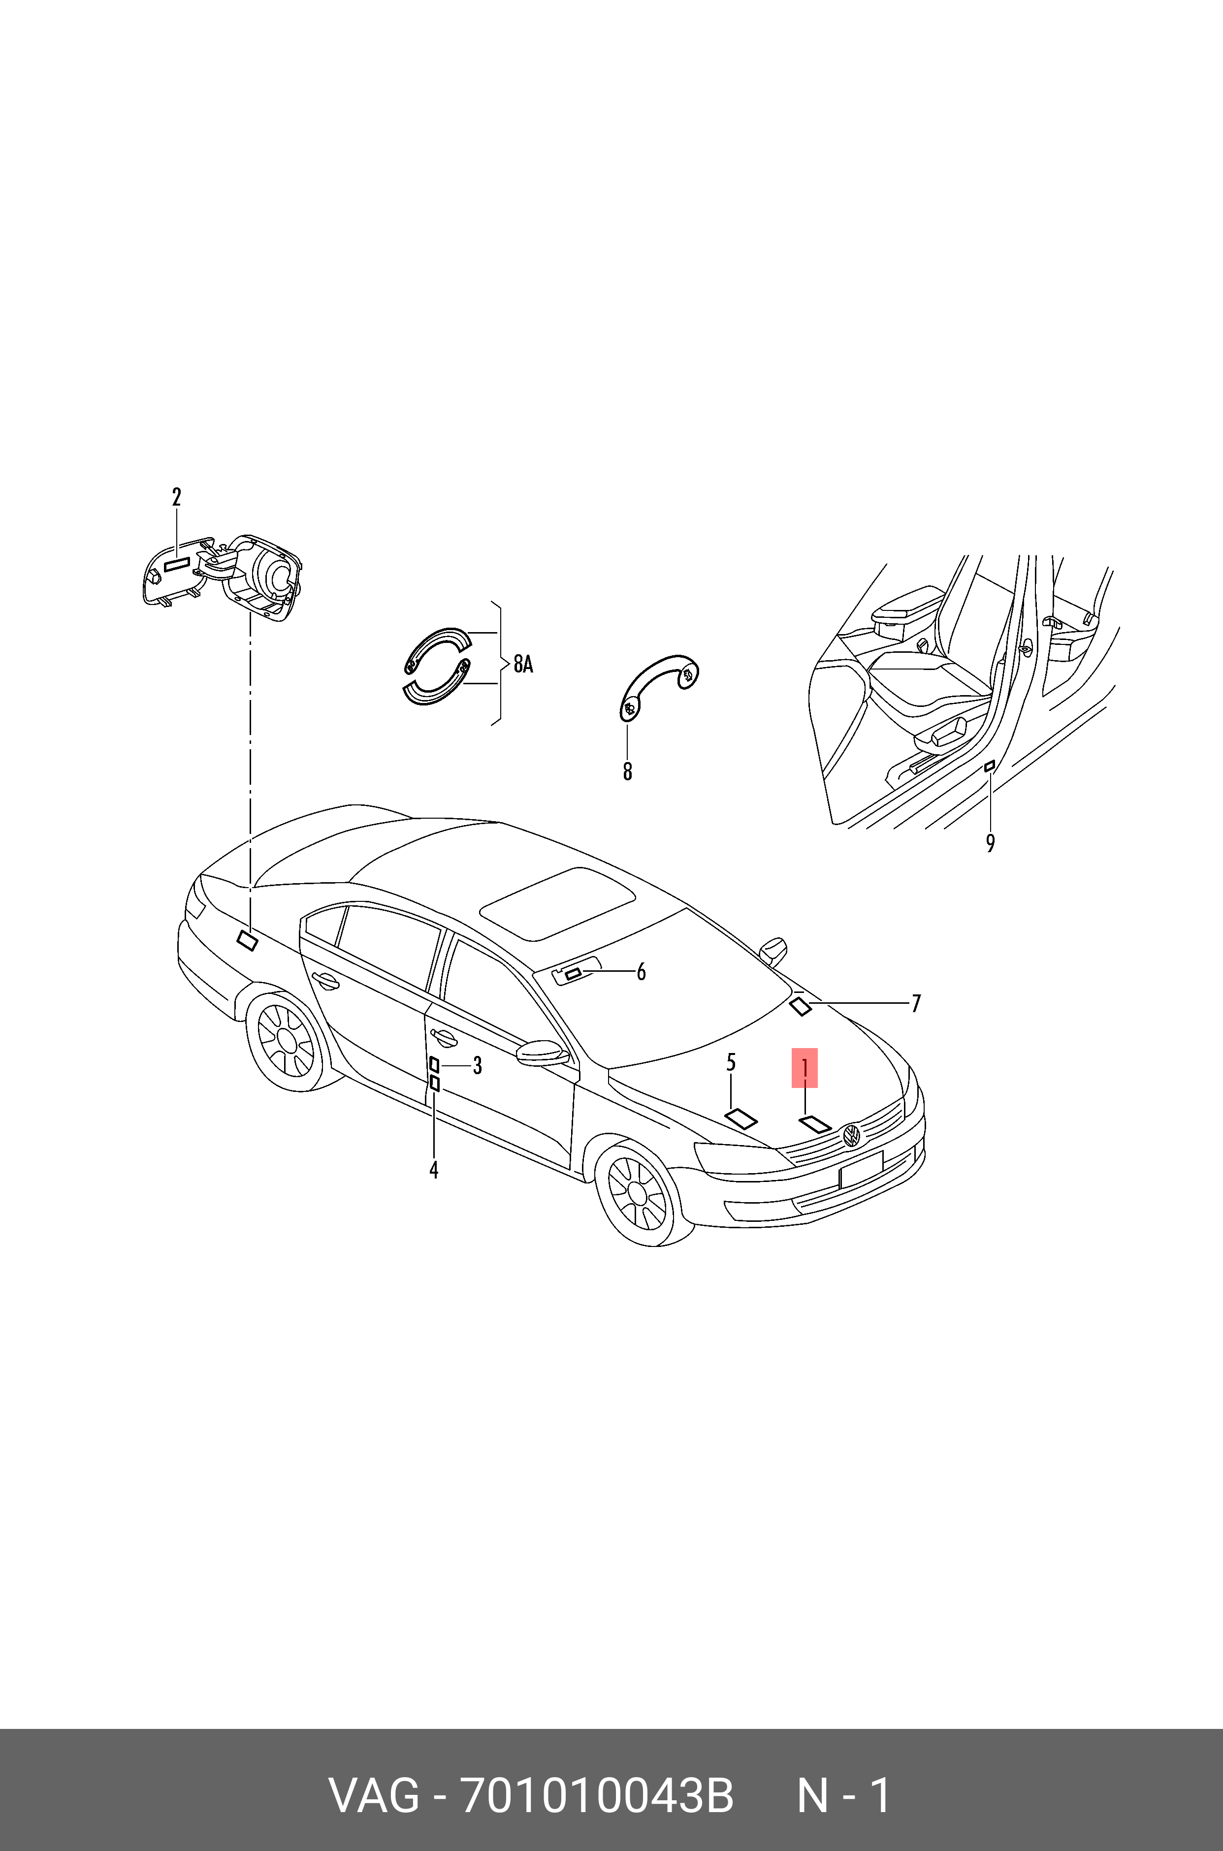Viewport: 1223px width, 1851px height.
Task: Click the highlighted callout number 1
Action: pyautogui.click(x=804, y=1067)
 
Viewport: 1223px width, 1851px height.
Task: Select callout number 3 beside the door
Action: pyautogui.click(x=478, y=1065)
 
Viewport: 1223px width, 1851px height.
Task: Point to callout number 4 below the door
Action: pyautogui.click(x=434, y=1170)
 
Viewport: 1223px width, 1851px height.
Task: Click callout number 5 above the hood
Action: pyautogui.click(x=731, y=1062)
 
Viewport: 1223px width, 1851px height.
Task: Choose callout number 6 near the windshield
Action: pyautogui.click(x=641, y=971)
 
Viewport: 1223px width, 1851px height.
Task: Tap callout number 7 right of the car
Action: pyautogui.click(x=916, y=1003)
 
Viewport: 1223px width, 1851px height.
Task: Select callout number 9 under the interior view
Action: pyautogui.click(x=991, y=843)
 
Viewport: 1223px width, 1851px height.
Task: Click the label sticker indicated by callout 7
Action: pyautogui.click(x=801, y=1007)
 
